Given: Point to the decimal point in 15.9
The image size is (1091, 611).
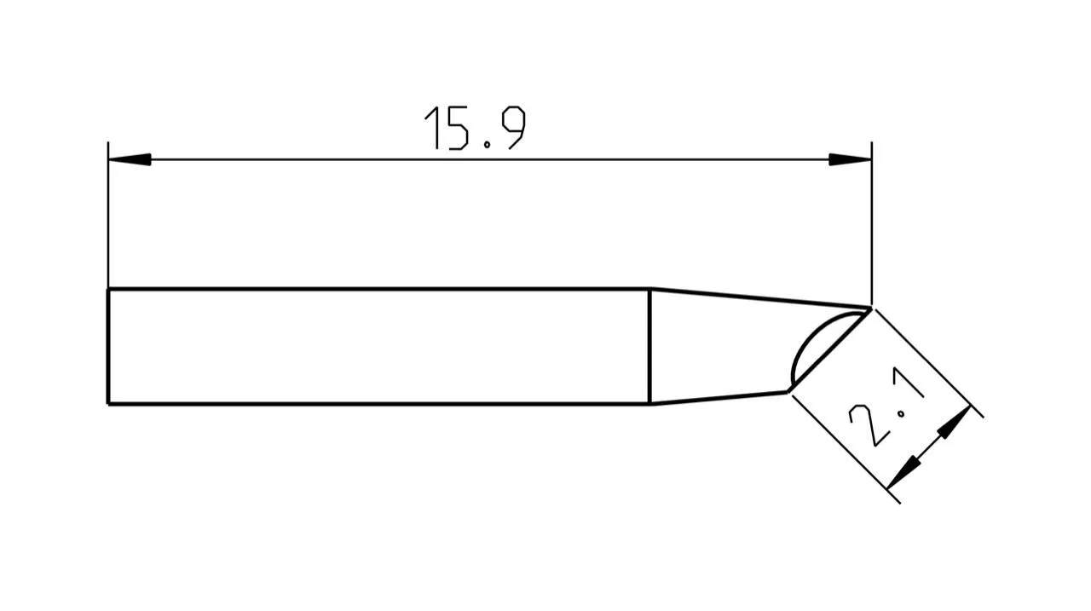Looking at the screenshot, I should coord(487,146).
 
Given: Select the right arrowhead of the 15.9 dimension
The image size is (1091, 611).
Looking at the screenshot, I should coord(850,159).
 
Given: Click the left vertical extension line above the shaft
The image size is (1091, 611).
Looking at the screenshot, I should coord(108,222).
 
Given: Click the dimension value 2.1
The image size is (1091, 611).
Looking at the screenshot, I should coord(887,414).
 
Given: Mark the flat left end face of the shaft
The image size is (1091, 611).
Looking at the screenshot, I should coord(108,346).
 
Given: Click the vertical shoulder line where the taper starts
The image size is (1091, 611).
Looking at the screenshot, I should coord(649,346).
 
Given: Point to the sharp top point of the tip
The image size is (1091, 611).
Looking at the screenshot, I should coord(870,308).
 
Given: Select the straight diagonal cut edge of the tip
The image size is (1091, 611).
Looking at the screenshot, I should coord(831,349).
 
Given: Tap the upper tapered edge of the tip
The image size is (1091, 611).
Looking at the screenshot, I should coord(759,297).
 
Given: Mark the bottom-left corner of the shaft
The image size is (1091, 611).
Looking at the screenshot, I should coord(108,403).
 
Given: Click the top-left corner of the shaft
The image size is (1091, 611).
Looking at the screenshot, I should coord(108,290).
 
